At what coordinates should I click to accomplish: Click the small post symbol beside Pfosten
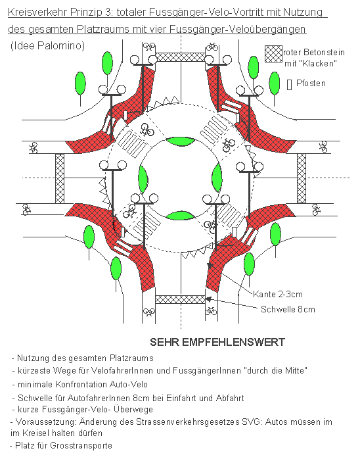tap(289, 84)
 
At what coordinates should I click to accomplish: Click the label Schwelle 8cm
tap(288, 309)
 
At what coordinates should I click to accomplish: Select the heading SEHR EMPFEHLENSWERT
tap(217, 342)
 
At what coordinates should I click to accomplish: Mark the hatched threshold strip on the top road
tap(180, 57)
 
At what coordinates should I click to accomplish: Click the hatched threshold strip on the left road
tap(60, 178)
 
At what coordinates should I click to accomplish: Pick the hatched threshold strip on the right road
tap(302, 178)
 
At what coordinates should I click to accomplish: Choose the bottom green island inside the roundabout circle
tap(179, 216)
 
